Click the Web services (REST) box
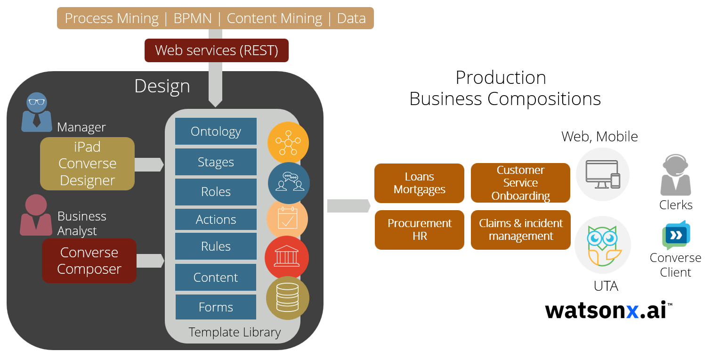[216, 50]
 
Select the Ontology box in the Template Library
[216, 131]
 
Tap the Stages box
[216, 162]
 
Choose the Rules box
[216, 246]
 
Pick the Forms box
[216, 307]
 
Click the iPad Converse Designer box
[87, 164]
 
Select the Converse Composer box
[89, 261]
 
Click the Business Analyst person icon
[36, 215]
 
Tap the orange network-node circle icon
[288, 142]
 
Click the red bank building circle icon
[286, 257]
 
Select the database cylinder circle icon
[287, 298]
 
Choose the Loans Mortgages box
[419, 183]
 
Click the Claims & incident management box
[520, 229]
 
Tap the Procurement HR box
[419, 229]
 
